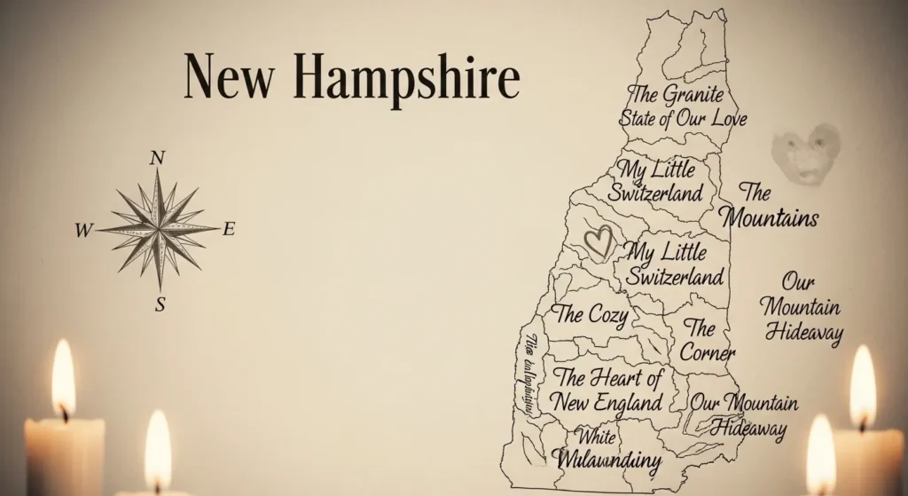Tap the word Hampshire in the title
(407, 80)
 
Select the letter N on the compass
(158, 158)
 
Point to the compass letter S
(160, 304)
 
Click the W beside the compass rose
(83, 231)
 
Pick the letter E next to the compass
(229, 230)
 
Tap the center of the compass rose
(159, 229)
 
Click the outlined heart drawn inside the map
(600, 240)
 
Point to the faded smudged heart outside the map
(805, 153)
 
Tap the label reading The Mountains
(768, 205)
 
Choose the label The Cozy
(591, 314)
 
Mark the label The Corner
(707, 340)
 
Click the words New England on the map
(607, 401)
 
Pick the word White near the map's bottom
(596, 437)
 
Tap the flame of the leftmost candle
(63, 379)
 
